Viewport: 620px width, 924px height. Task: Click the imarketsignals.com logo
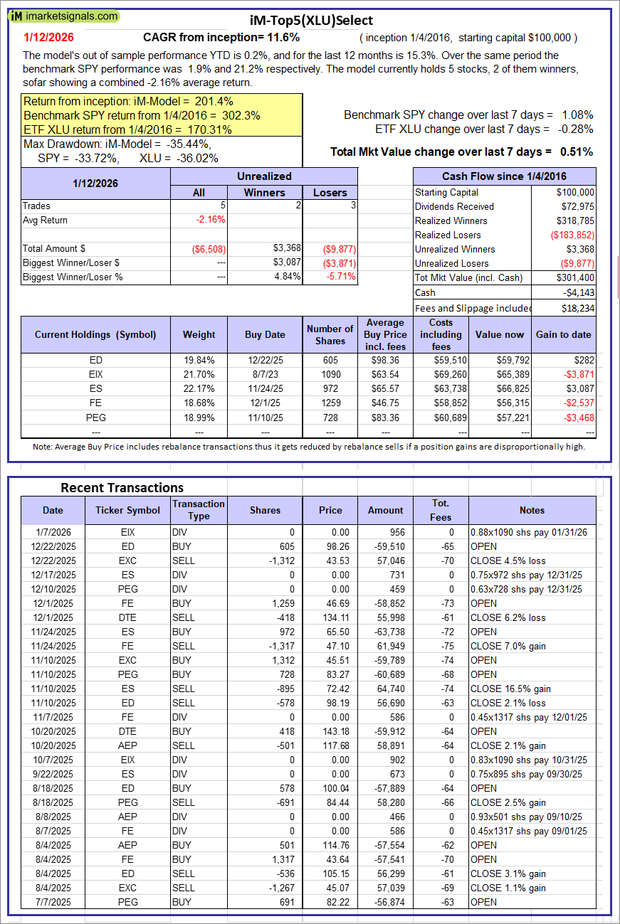tap(64, 16)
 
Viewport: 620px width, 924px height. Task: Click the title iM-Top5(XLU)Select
tap(311, 21)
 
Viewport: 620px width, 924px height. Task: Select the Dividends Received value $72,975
tap(575, 206)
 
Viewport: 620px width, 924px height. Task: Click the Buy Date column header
tap(265, 334)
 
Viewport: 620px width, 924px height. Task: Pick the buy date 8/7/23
tap(265, 374)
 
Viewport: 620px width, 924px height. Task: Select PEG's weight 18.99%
tap(199, 417)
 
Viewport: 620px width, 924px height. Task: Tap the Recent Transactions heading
tap(122, 487)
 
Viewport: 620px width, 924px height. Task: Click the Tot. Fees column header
tap(441, 510)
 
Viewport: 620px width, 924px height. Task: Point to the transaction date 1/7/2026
tap(52, 532)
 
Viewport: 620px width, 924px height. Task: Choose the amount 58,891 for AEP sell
tap(387, 745)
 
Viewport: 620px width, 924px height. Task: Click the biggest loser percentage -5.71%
tap(340, 277)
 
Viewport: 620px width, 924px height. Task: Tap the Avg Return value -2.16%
tap(210, 220)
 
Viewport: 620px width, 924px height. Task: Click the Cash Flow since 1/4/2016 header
tap(505, 176)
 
